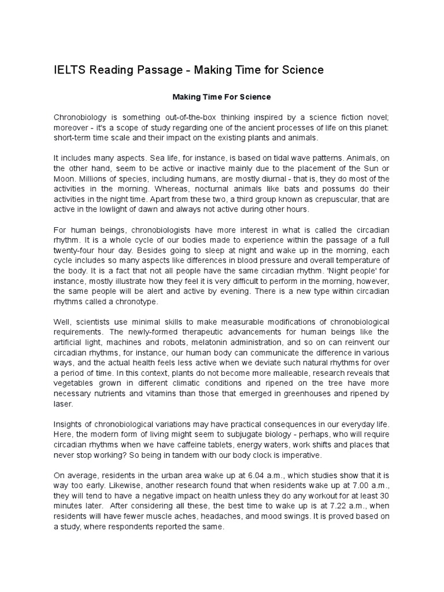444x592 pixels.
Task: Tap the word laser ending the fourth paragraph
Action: click(62, 404)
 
